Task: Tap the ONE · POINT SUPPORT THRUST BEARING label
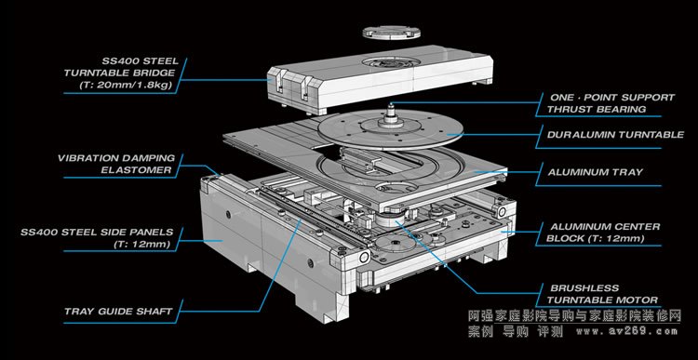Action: pyautogui.click(x=611, y=103)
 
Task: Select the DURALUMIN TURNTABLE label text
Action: pyautogui.click(x=615, y=134)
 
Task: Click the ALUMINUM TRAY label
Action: pyautogui.click(x=596, y=172)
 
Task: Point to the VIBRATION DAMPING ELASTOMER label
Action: pyautogui.click(x=116, y=164)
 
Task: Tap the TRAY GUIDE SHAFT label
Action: pyautogui.click(x=118, y=311)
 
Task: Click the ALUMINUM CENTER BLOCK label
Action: pyautogui.click(x=604, y=233)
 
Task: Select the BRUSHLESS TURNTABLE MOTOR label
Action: pyautogui.click(x=602, y=294)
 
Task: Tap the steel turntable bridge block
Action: pyautogui.click(x=380, y=79)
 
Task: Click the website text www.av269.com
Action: pyautogui.click(x=627, y=331)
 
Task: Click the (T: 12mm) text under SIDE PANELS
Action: pyautogui.click(x=142, y=244)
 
